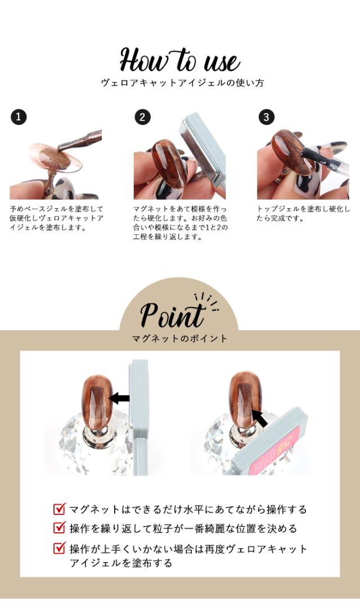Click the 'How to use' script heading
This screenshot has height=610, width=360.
[179, 60]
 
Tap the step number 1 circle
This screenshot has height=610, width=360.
[19, 117]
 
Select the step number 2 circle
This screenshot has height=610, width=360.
[143, 117]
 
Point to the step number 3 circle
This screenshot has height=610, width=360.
[266, 117]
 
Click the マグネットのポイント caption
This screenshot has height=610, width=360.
[179, 339]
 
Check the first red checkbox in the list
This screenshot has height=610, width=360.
[59, 509]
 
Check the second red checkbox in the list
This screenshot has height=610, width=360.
[59, 528]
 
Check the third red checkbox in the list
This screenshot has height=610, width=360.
[59, 548]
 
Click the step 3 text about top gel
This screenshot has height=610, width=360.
[303, 213]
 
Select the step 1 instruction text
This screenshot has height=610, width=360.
[56, 218]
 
